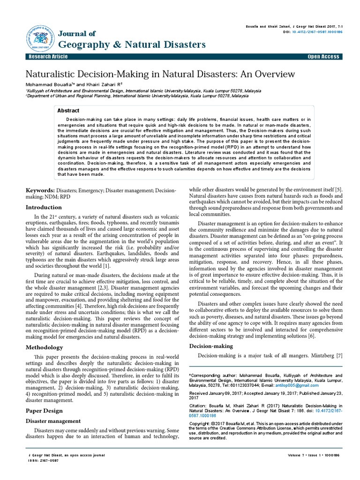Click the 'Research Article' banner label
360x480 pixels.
pyautogui.click(x=48, y=57)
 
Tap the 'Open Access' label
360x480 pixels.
pyautogui.click(x=323, y=57)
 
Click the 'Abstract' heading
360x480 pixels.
pyautogui.click(x=68, y=111)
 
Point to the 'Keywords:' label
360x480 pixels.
pyautogui.click(x=40, y=191)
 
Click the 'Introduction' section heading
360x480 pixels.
pyautogui.click(x=44, y=207)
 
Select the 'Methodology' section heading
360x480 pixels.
pyautogui.click(x=44, y=347)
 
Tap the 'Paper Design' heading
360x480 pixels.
pyautogui.click(x=44, y=410)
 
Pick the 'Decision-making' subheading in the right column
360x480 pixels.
pyautogui.click(x=211, y=346)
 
